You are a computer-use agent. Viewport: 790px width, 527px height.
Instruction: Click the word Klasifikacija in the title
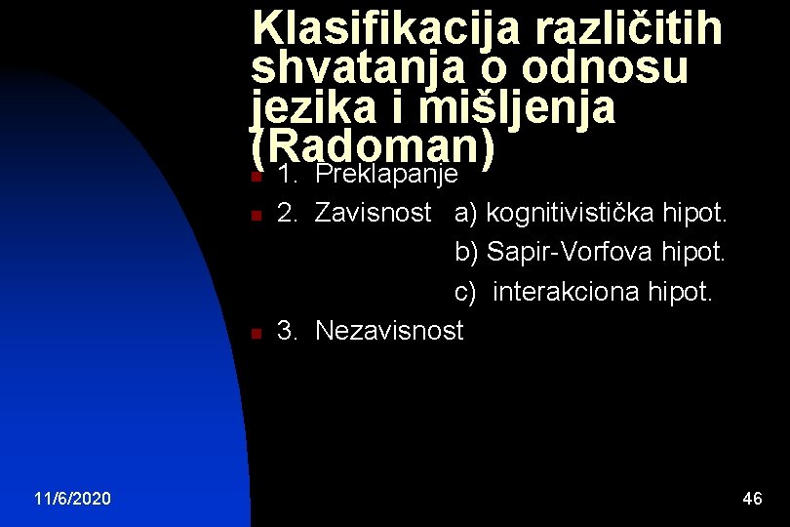[385, 29]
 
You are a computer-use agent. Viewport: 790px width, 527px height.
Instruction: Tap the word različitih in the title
[628, 29]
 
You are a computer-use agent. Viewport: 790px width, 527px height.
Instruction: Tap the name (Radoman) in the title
[375, 147]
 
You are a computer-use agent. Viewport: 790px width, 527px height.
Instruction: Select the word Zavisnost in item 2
[374, 213]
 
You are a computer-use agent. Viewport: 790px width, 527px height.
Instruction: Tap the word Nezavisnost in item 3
[389, 331]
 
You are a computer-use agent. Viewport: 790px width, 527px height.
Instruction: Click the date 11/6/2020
[72, 499]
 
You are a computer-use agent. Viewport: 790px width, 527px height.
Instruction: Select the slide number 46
[752, 499]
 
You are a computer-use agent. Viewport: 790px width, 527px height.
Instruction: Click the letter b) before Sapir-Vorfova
[466, 252]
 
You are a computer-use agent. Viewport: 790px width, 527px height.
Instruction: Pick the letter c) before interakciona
[465, 291]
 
